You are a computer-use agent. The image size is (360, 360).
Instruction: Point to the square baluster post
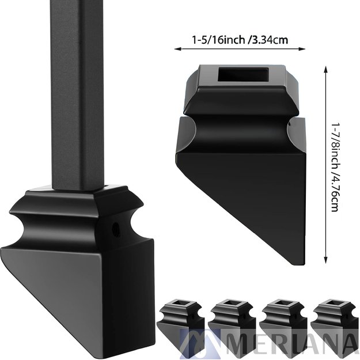click(78, 92)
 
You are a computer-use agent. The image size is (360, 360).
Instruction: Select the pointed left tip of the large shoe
click(5, 249)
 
